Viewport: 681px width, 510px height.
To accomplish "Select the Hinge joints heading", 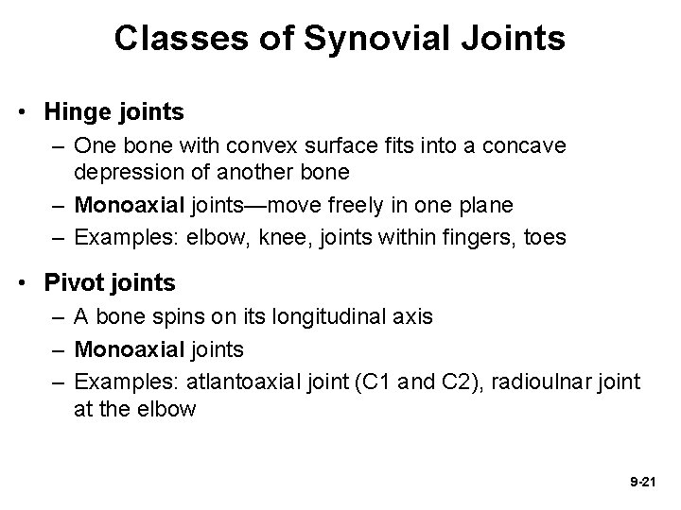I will click(x=113, y=111).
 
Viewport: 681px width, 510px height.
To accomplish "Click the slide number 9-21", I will click(x=642, y=482).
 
